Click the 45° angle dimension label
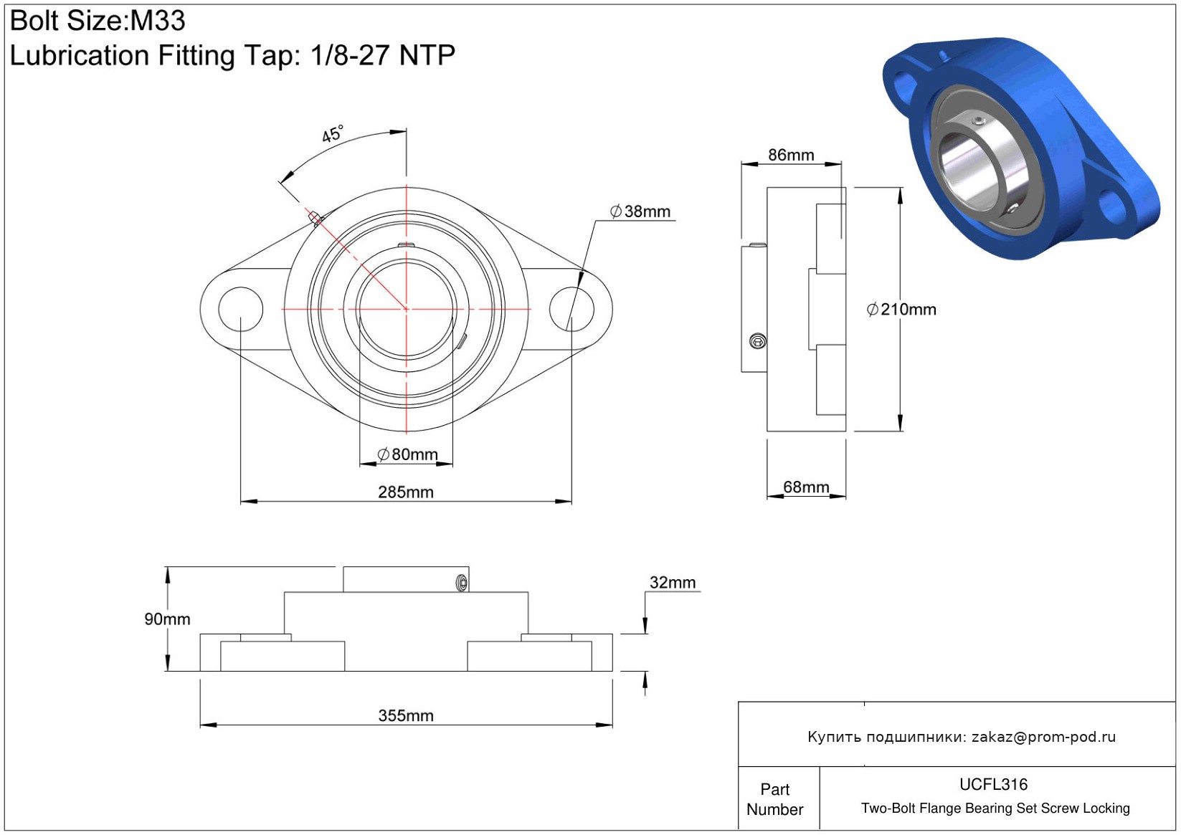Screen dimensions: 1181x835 coord(333,134)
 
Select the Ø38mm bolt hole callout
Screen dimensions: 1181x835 coord(640,211)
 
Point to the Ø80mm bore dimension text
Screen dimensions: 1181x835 coord(407,454)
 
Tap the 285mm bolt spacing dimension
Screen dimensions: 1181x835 coord(405,492)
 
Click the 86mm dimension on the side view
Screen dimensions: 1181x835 coord(791,155)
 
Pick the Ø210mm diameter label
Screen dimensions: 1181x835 coord(901,310)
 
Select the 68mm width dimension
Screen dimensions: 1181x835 coord(806,487)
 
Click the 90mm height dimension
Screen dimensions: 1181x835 coord(167,619)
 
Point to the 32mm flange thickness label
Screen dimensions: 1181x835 coord(672,583)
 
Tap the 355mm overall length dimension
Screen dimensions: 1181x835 coord(405,716)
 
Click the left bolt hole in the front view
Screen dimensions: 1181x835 coord(240,310)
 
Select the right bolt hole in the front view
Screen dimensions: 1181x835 coord(571,310)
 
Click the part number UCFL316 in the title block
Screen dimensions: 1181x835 coord(993,784)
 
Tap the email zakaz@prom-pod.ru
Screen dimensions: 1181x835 coord(1043,736)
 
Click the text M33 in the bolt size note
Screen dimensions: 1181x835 coord(158,21)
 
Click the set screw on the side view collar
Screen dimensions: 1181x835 coord(758,342)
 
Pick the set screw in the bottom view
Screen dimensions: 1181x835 coord(462,583)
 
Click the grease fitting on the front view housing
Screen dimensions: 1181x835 coord(316,218)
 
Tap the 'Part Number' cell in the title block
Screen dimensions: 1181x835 coord(774,799)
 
